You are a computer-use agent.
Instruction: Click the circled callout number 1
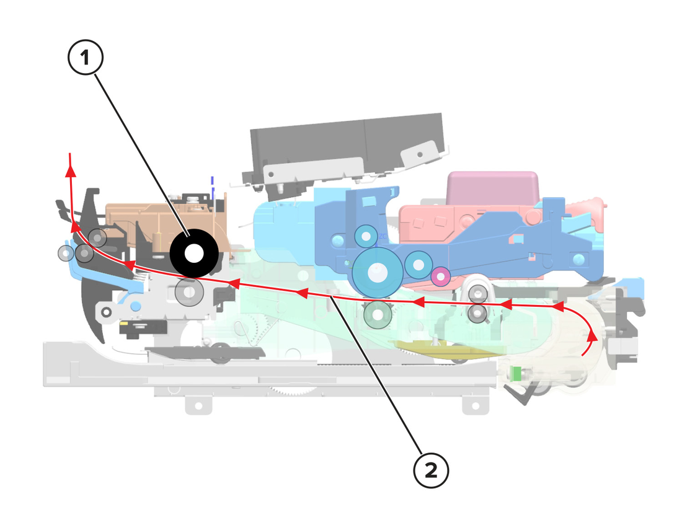[x=86, y=58]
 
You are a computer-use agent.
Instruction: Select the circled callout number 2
[x=431, y=470]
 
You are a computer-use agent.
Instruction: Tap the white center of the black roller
[x=193, y=254]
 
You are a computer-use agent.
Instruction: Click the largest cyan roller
[x=377, y=273]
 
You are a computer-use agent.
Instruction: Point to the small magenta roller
[x=441, y=276]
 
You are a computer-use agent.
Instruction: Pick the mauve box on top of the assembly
[x=493, y=188]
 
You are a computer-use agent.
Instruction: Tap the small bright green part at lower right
[x=515, y=373]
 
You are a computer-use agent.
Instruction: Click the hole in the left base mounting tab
[x=198, y=405]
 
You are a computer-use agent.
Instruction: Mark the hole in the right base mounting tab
[x=476, y=405]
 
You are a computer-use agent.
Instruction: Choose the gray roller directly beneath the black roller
[x=189, y=292]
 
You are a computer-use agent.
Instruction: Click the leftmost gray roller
[x=66, y=254]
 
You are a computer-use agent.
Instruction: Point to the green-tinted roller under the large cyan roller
[x=378, y=314]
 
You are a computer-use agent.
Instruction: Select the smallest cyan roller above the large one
[x=366, y=236]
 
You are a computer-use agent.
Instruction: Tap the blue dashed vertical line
[x=213, y=188]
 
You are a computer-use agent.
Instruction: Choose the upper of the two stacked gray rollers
[x=478, y=294]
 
